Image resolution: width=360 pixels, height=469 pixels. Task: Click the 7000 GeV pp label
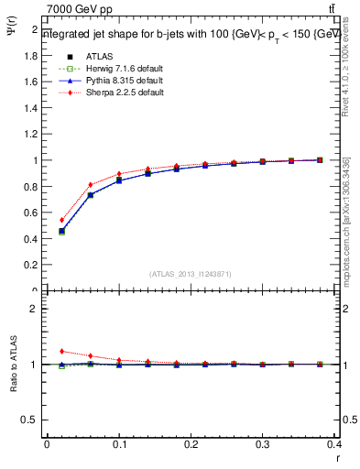coord(80,9)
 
